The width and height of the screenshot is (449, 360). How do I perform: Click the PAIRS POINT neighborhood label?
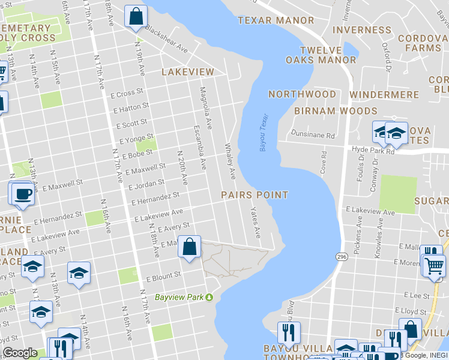tap(255, 195)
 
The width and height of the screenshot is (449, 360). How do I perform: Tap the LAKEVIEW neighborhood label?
tap(187, 72)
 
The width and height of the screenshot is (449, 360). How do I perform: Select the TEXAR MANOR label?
tap(276, 20)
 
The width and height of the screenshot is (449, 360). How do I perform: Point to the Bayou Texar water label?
tap(264, 133)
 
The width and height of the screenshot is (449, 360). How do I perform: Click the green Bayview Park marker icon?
tap(209, 297)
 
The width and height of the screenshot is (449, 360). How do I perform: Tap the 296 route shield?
tap(342, 256)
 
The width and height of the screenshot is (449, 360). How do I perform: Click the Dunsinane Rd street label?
tap(312, 136)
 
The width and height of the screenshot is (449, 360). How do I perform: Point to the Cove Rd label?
tap(324, 161)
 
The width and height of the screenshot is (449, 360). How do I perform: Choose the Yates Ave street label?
tap(256, 223)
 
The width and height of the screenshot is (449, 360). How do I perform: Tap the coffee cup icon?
tap(23, 194)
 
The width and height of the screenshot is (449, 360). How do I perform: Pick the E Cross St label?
tap(129, 93)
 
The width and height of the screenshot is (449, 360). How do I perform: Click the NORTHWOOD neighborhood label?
tap(302, 94)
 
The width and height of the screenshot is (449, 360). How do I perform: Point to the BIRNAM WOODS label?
tap(336, 111)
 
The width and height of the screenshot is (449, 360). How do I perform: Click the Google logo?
tap(20, 353)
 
